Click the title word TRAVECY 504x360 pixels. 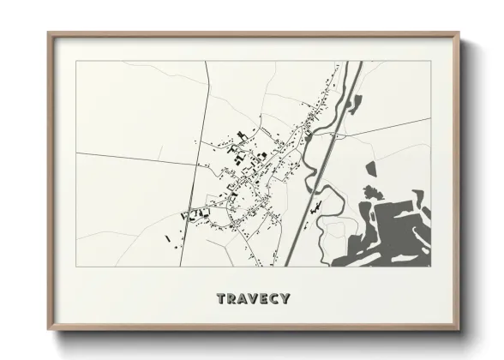253,299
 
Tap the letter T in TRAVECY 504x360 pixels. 221,299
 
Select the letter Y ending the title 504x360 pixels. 285,299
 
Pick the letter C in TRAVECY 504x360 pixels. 274,299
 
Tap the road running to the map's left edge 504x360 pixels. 129,158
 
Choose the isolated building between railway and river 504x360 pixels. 316,207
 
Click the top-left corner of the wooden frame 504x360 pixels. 50,34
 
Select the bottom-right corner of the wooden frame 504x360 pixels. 458,329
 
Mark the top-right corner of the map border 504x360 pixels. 431,62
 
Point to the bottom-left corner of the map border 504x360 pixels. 76,266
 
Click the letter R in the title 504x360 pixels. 231,299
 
